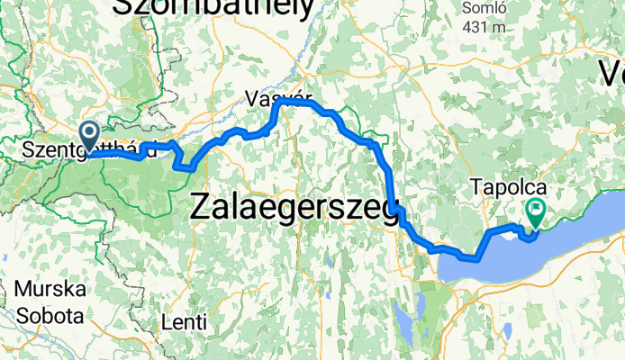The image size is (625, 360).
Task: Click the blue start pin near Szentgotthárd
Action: click(x=90, y=135)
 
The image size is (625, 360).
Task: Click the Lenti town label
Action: click(x=185, y=321)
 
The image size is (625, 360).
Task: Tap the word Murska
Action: click(x=50, y=291)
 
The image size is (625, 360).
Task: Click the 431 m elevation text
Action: click(x=484, y=27)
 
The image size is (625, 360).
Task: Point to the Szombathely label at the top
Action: click(x=213, y=7)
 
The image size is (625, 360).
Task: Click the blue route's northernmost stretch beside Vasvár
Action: click(x=297, y=103)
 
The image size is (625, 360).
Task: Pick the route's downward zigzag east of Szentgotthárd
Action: click(x=182, y=162)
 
